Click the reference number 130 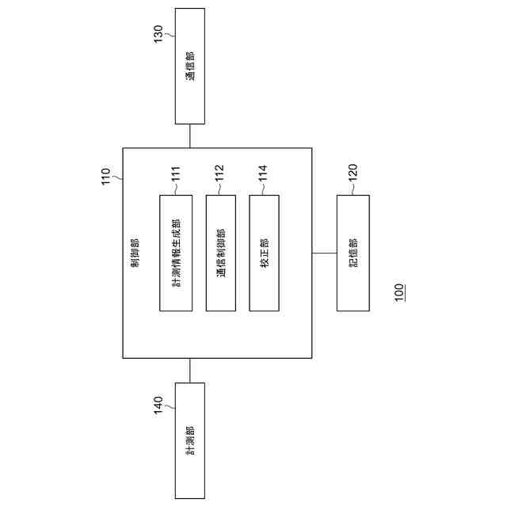(158, 34)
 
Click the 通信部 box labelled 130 (189, 66)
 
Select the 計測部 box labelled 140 (189, 440)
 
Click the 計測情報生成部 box (176, 252)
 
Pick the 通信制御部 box (220, 252)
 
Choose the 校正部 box (264, 252)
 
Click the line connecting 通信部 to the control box (189, 135)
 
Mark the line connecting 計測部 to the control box (189, 370)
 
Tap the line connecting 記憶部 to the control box (324, 253)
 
